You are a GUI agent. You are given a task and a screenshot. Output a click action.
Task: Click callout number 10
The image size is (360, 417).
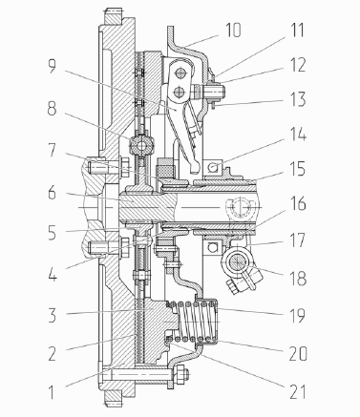click(233, 31)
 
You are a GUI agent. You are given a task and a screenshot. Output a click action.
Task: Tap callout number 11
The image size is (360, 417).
click(298, 31)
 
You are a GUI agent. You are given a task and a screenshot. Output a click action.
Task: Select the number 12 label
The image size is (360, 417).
click(298, 65)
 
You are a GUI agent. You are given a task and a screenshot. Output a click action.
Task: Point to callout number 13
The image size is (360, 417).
click(298, 99)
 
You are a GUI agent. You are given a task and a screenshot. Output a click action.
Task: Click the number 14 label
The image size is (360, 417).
click(298, 134)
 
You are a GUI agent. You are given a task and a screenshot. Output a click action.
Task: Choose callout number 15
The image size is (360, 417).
click(298, 169)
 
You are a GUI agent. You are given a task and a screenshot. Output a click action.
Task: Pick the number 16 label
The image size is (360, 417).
click(298, 203)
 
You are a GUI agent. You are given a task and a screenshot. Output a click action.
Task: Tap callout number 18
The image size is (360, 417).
click(298, 278)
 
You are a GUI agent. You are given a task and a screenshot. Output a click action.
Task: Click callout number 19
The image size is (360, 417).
click(298, 315)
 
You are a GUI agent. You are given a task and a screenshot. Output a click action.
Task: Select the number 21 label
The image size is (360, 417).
click(298, 391)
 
